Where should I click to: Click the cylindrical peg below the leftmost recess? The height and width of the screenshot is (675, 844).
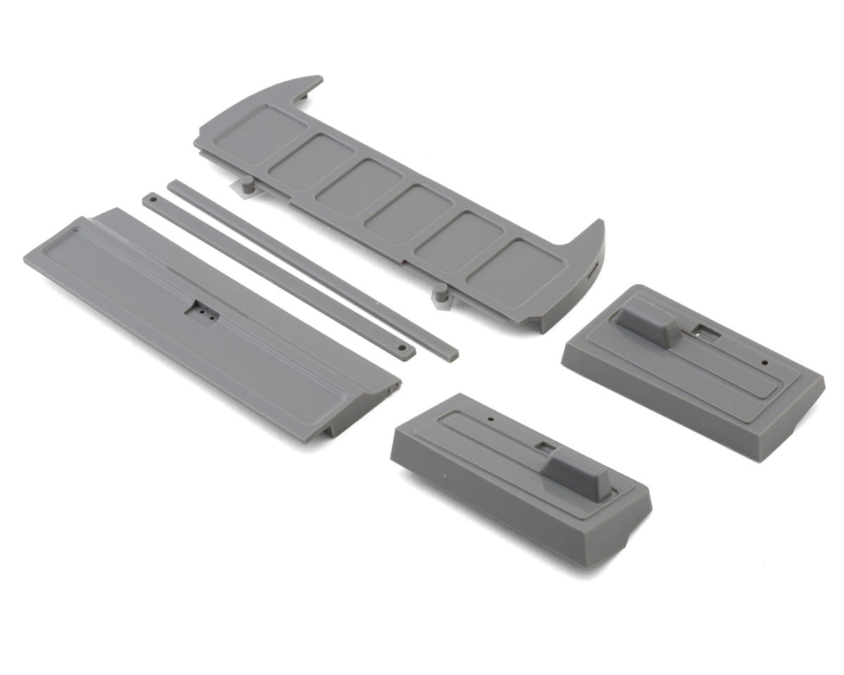tap(247, 187)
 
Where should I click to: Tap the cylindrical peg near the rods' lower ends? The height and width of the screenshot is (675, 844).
tap(442, 292)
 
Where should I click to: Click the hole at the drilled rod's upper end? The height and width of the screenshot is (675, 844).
tap(153, 200)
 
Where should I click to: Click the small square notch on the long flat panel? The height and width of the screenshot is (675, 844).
tap(200, 310)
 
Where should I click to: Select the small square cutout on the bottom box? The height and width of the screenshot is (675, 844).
tap(546, 446)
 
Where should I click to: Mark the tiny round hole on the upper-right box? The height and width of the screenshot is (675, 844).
tap(765, 363)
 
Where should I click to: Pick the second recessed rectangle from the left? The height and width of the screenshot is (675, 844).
tap(312, 160)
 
